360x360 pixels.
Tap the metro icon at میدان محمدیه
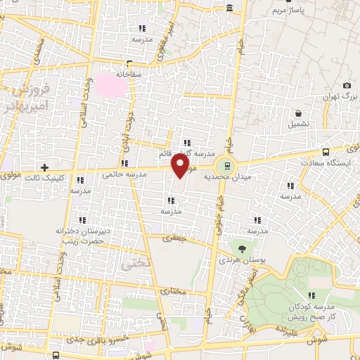coord(226,166)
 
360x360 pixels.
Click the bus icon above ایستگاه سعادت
coord(325,152)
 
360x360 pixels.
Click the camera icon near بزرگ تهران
coord(347,85)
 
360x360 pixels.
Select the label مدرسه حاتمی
coord(124,172)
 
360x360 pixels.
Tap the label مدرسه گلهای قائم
coord(186,154)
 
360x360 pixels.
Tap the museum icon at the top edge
coord(229,8)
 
